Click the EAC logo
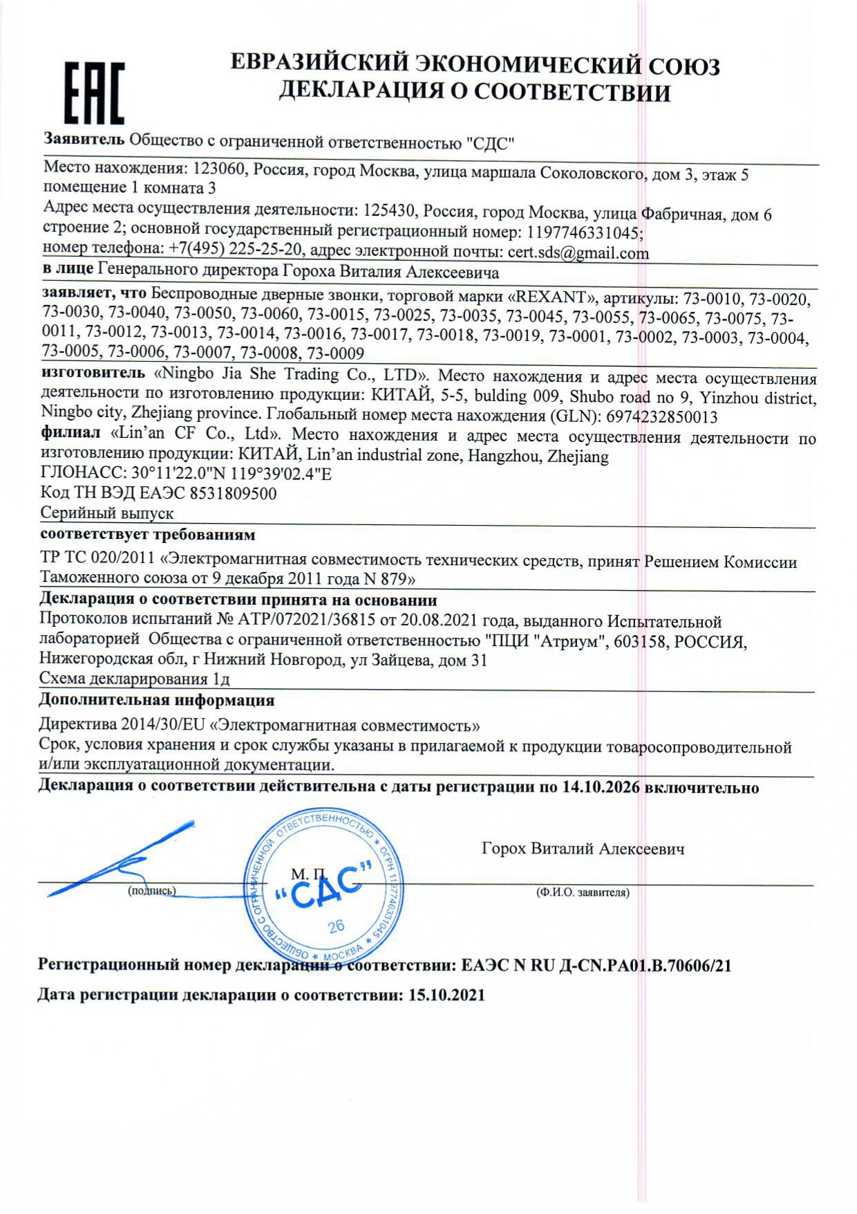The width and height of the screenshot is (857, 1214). click(x=95, y=92)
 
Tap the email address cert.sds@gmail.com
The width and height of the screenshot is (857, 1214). click(x=578, y=253)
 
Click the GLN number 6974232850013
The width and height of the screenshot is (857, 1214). click(x=661, y=416)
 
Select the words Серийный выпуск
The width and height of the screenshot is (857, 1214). click(x=106, y=513)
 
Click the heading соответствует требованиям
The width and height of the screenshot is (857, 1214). click(x=147, y=535)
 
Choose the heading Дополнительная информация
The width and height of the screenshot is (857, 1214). click(x=156, y=700)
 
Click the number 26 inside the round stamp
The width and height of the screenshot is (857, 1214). click(x=337, y=926)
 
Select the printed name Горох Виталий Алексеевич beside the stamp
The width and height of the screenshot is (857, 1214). click(x=583, y=849)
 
